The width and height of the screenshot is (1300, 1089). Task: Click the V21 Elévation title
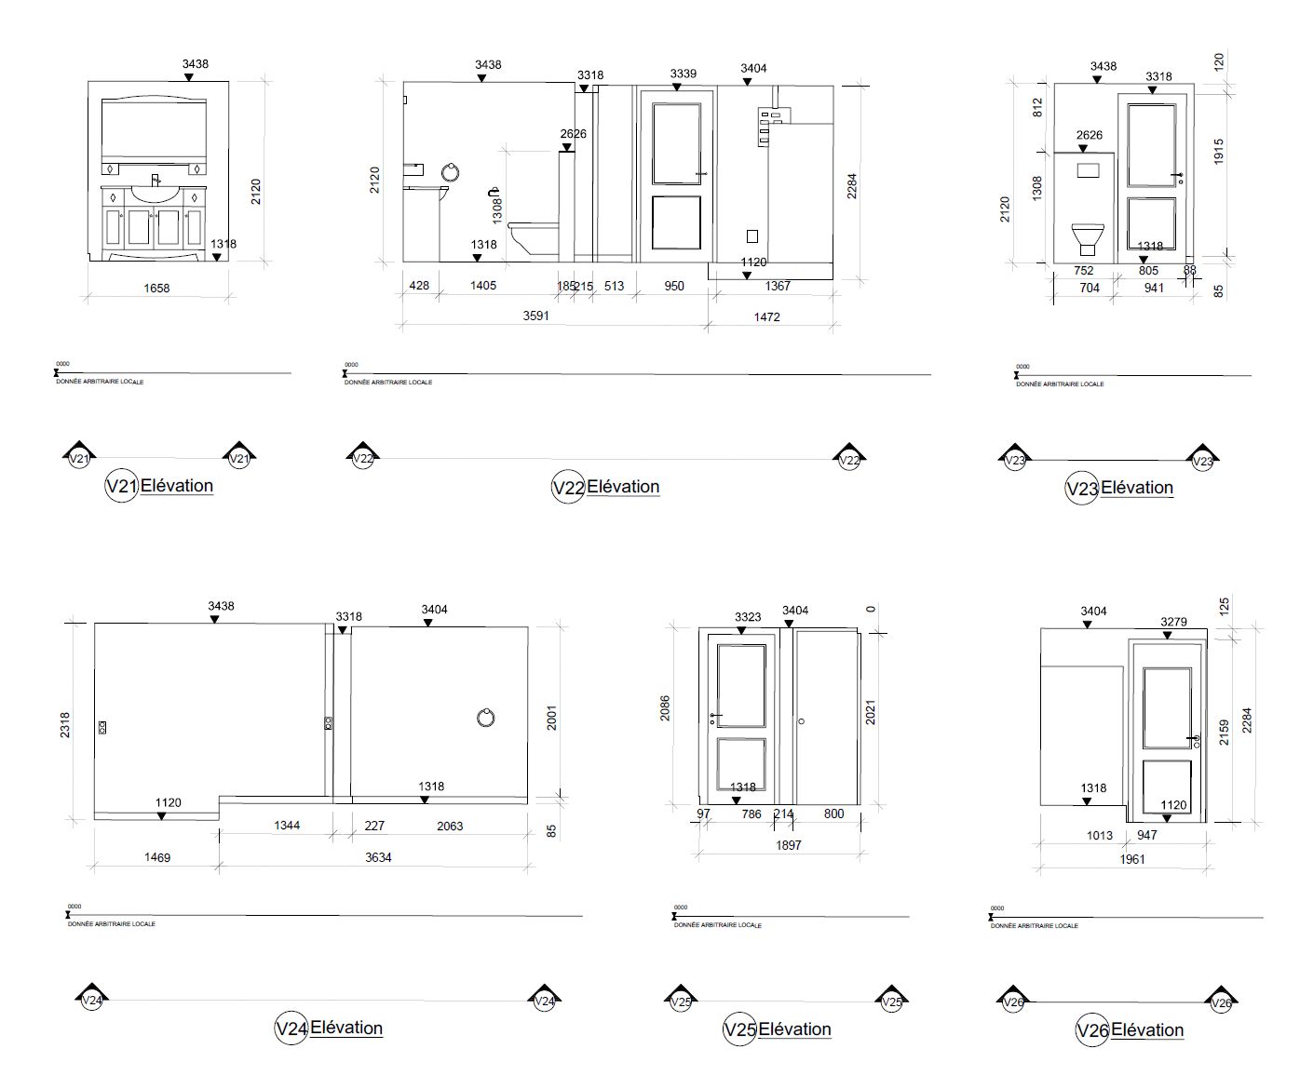160,486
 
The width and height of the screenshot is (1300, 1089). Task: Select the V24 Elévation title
330,1028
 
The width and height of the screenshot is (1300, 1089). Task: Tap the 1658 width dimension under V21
156,289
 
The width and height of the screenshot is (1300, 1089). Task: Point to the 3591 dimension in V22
535,316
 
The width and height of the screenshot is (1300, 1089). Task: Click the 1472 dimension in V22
768,317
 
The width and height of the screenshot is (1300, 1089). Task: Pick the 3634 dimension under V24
377,857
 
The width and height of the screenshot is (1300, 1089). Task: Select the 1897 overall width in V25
787,845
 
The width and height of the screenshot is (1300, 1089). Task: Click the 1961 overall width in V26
1131,859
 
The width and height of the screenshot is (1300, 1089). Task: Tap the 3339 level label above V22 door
683,74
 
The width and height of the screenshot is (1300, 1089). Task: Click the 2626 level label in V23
1089,135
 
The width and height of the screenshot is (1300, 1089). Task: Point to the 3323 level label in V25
747,616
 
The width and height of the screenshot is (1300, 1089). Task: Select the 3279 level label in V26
1173,622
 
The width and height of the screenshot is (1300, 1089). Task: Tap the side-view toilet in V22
534,236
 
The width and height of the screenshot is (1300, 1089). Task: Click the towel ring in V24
485,717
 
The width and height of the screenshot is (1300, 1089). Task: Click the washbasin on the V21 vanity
156,194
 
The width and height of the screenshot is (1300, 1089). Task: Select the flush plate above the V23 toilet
1088,171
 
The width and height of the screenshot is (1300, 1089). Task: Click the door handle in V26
1195,741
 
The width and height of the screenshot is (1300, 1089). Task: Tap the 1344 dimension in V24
287,826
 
